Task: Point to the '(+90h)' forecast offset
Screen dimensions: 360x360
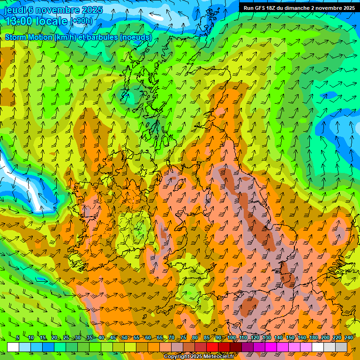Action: tap(81, 21)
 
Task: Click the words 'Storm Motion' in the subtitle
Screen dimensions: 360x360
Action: tap(28, 37)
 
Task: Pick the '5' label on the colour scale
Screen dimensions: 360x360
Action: tap(18, 338)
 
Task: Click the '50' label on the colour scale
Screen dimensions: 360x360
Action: tap(124, 338)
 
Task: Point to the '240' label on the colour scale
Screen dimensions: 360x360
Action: tap(348, 338)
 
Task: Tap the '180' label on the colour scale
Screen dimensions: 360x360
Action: tap(313, 338)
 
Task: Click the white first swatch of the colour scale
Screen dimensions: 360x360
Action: tap(13, 347)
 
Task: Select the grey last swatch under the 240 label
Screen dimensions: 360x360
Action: tap(341, 347)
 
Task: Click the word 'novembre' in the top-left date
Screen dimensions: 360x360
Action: tap(56, 10)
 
